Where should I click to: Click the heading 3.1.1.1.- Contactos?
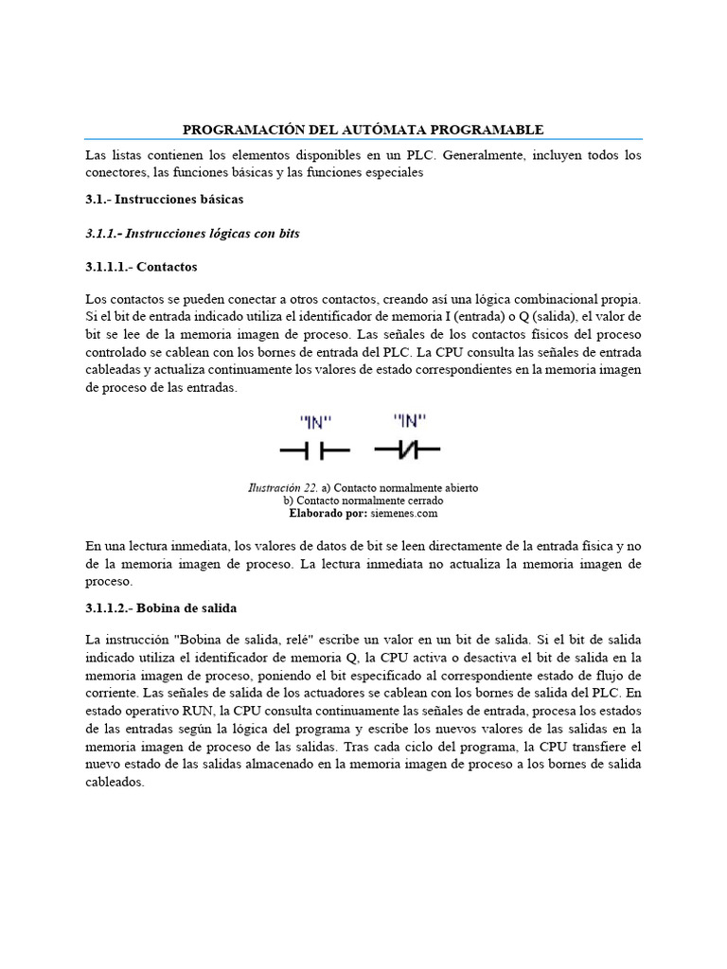pyautogui.click(x=141, y=267)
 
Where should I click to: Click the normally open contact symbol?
pyautogui.click(x=314, y=450)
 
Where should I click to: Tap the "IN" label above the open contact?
pyautogui.click(x=315, y=421)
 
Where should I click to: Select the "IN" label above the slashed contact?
pyautogui.click(x=411, y=420)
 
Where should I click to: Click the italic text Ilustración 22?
pyautogui.click(x=283, y=487)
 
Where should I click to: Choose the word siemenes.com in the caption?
pyautogui.click(x=405, y=513)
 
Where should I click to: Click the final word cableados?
pyautogui.click(x=114, y=783)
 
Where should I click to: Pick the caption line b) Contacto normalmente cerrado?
pyautogui.click(x=363, y=500)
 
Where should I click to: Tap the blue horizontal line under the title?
pyautogui.click(x=363, y=139)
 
